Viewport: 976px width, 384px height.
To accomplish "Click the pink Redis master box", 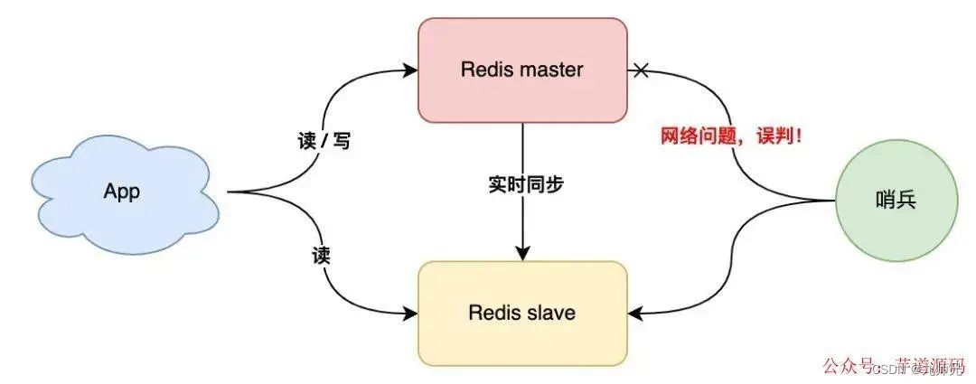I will (x=522, y=70).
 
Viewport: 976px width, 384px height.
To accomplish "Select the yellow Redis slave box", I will (x=522, y=314).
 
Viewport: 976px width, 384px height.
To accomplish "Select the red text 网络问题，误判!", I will (x=732, y=137).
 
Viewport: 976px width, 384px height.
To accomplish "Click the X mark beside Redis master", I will (x=641, y=69).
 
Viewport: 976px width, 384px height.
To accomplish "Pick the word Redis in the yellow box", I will (x=493, y=314).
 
